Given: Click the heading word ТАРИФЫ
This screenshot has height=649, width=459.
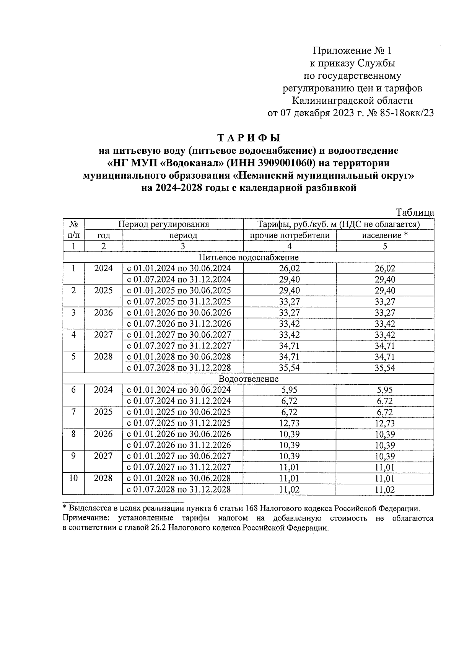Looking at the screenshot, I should [249, 137].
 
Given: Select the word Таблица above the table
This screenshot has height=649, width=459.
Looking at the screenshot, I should [415, 213].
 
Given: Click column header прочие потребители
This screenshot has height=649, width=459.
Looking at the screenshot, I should [290, 235].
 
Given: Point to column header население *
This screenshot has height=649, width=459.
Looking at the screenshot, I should [384, 235].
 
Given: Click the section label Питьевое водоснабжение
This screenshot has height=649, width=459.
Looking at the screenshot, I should [248, 257].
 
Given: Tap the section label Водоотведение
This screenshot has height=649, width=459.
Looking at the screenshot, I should [248, 379].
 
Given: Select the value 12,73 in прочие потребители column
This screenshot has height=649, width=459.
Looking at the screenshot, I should [290, 423].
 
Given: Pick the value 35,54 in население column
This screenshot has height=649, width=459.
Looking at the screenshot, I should [385, 368].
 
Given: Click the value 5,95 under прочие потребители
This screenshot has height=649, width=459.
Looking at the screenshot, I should [290, 390].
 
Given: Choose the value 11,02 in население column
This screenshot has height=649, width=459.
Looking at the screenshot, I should [385, 490].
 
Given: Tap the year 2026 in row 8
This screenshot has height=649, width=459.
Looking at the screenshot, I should [103, 434].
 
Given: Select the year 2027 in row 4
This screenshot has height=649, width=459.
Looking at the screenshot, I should [103, 335].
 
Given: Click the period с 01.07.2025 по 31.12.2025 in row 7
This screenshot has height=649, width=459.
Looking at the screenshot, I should [179, 423].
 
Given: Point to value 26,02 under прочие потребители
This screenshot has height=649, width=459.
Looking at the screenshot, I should [290, 268].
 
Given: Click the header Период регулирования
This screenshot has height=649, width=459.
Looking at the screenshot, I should [164, 224].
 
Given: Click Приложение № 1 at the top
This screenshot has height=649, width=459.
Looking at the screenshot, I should [352, 51].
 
